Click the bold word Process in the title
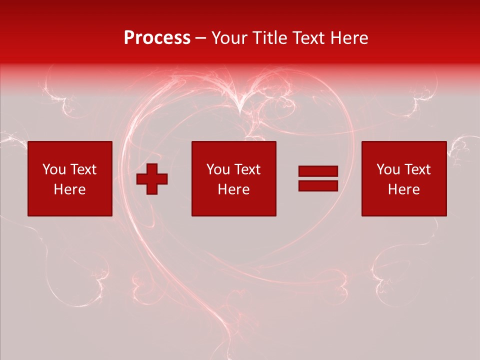[x=157, y=38]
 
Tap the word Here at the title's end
[x=350, y=38]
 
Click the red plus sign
[x=152, y=178]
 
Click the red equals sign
[x=318, y=178]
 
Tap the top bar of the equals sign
[x=318, y=171]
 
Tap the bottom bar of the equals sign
[x=318, y=185]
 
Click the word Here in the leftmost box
[x=70, y=189]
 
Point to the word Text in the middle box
[x=247, y=169]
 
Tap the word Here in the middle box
[x=234, y=189]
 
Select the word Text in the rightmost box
[x=417, y=169]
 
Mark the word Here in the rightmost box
[x=404, y=189]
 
